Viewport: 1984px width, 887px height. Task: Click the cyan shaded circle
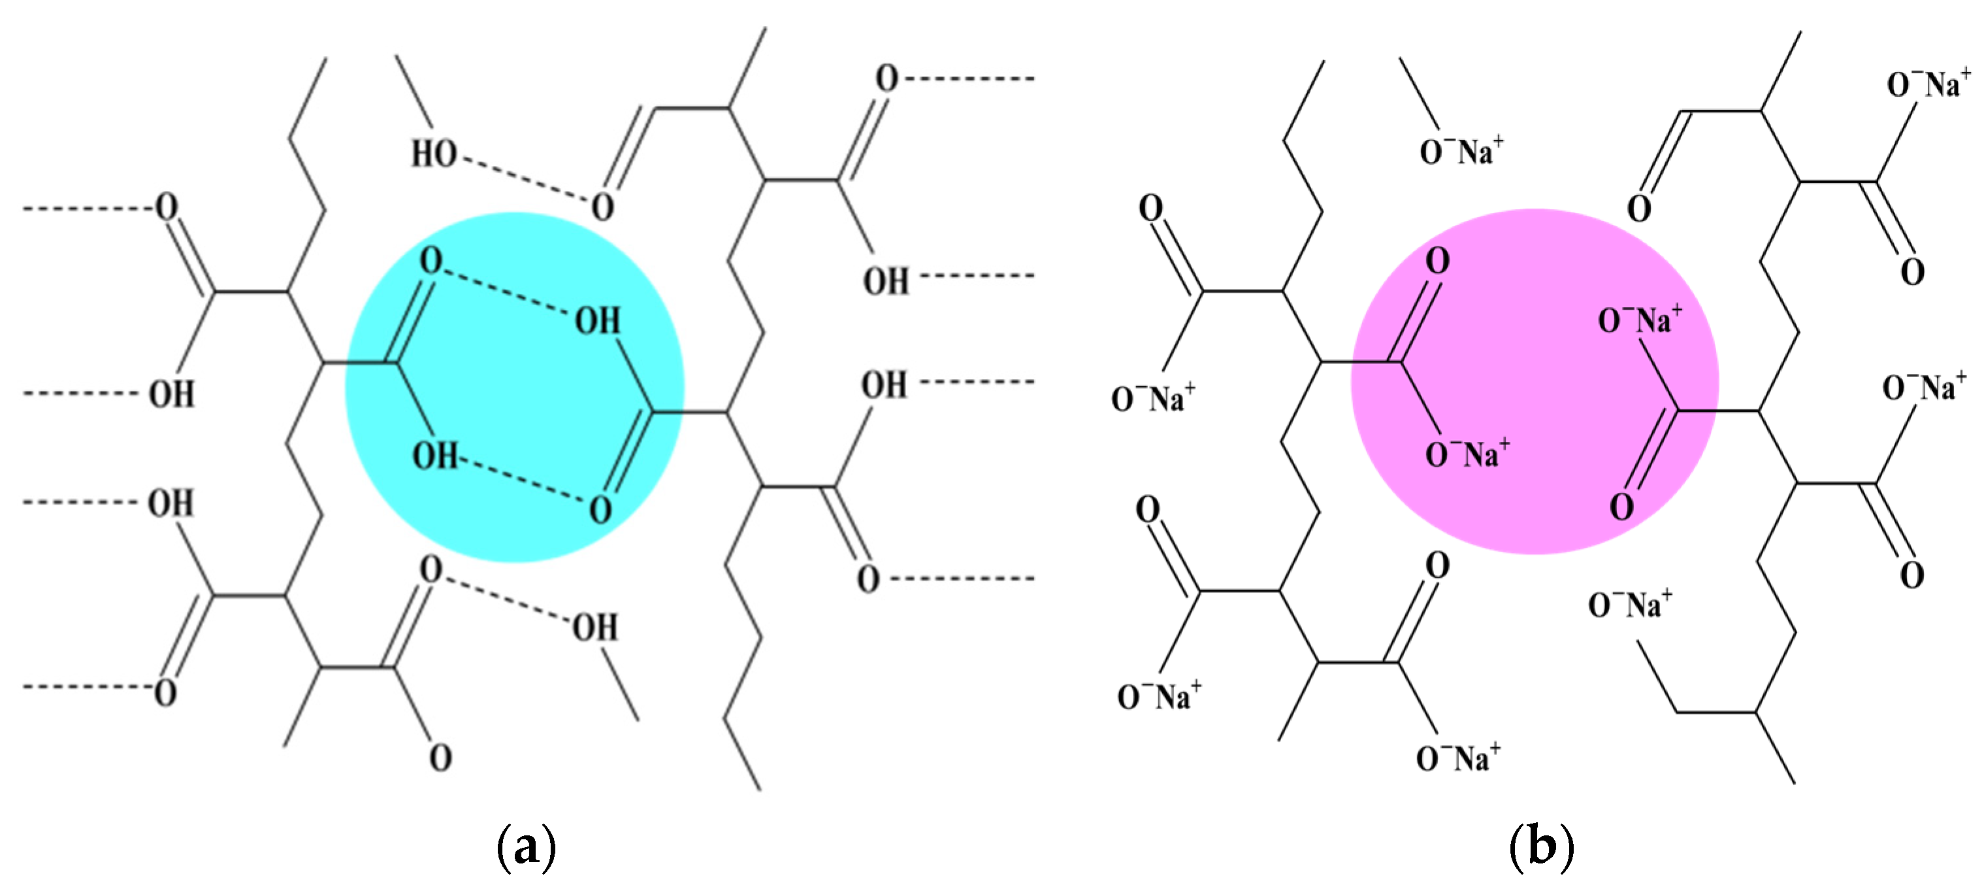pos(513,388)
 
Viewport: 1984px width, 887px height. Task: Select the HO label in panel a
pos(434,154)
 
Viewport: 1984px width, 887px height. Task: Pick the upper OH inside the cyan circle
pos(597,320)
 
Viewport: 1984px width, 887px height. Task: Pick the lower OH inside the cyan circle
pos(435,456)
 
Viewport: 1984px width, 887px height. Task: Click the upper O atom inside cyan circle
pos(431,260)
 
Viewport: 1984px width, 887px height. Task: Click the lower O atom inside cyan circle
pos(601,510)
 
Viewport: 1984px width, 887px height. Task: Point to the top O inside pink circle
pos(1437,260)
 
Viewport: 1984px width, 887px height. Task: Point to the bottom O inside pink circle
pos(1621,507)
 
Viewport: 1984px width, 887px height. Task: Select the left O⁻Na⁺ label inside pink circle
pos(1467,454)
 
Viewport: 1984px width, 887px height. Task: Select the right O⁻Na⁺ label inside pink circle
pos(1640,320)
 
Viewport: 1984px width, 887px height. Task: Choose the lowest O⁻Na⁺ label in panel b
pos(1458,758)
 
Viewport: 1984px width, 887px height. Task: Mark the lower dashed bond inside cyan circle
pos(524,483)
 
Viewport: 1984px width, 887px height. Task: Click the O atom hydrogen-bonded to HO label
pos(602,207)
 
